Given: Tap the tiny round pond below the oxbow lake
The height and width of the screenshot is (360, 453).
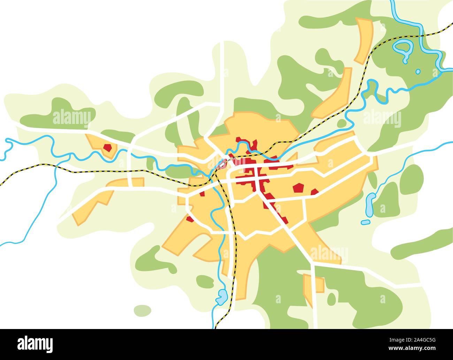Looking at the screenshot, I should pyautogui.click(x=418, y=71).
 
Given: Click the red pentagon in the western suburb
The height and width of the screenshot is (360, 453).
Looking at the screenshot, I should pyautogui.click(x=108, y=147).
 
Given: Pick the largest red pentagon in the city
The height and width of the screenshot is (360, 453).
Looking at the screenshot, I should pyautogui.click(x=298, y=188).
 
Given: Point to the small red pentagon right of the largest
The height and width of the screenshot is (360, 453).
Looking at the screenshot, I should pyautogui.click(x=314, y=191).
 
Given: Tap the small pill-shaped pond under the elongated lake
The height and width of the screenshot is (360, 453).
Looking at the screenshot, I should pyautogui.click(x=365, y=222).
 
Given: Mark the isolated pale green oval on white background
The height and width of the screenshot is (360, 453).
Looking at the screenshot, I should pyautogui.click(x=143, y=311).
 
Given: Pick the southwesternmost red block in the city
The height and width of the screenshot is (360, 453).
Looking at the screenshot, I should pyautogui.click(x=190, y=219).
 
